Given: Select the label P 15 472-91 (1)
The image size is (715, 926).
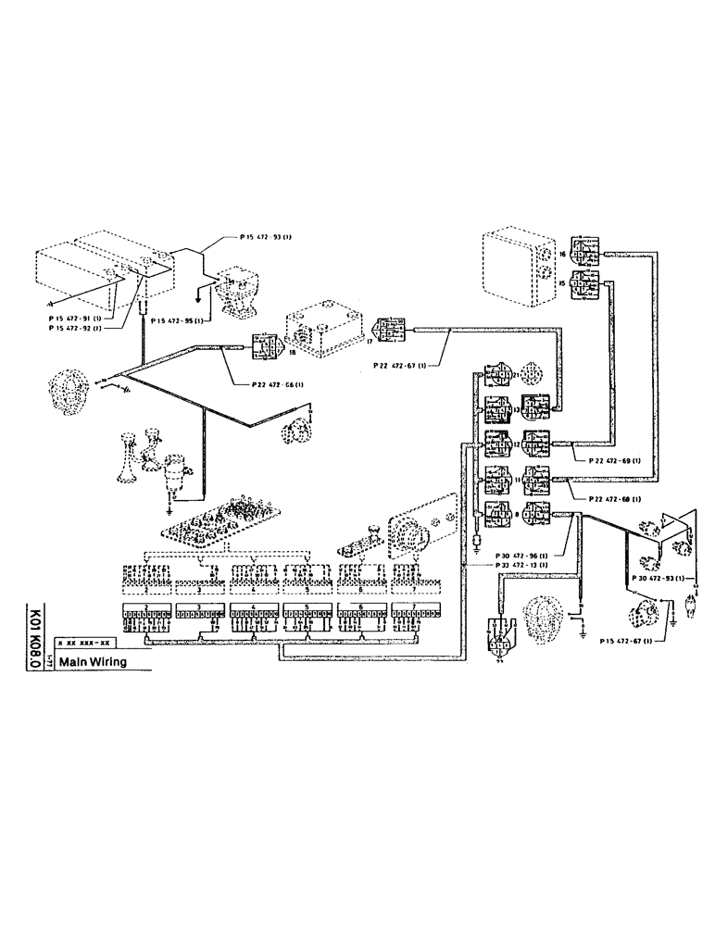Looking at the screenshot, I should click(x=76, y=318).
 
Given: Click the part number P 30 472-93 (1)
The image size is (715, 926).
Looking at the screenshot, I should click(x=659, y=578).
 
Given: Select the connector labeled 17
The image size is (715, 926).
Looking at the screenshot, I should click(x=389, y=330).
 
